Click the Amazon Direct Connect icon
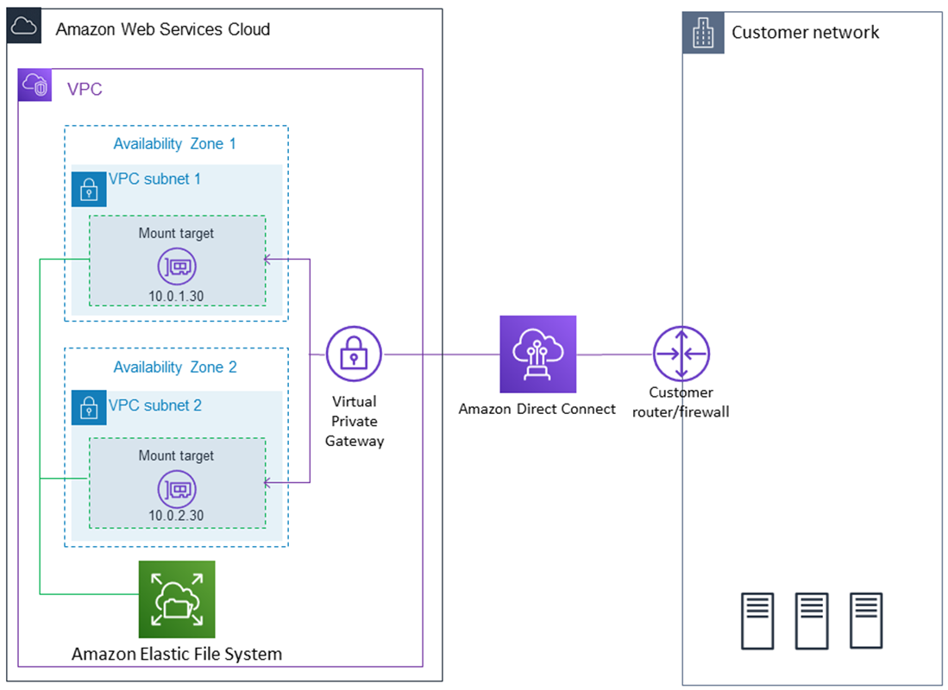pos(537,354)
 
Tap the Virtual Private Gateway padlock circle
pos(354,354)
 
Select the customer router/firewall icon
pos(681,354)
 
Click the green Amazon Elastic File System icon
pos(177,599)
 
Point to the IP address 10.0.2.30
pos(177,516)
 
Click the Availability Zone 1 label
pos(175,144)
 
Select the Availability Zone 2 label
pos(175,367)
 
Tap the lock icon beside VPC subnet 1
pos(88,189)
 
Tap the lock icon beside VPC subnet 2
pos(88,406)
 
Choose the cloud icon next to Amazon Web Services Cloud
pos(23,28)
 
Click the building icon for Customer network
pos(703,34)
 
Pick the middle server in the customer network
pos(811,620)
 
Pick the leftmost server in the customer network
pos(757,620)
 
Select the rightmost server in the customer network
pos(865,620)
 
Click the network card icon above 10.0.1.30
pos(177,267)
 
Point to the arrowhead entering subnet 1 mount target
pos(268,258)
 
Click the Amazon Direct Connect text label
pos(537,409)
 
